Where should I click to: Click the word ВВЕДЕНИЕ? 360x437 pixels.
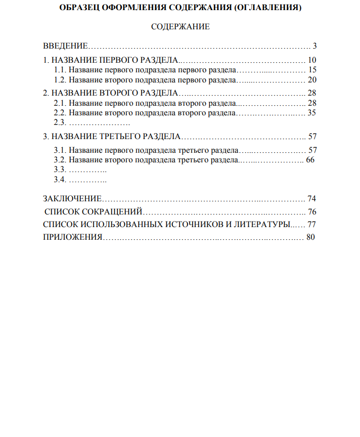click(x=66, y=46)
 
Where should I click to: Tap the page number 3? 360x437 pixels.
click(x=314, y=46)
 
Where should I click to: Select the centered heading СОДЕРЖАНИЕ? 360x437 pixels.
click(x=180, y=27)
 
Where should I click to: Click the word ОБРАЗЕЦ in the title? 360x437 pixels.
click(x=80, y=8)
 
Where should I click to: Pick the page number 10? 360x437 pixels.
click(x=312, y=60)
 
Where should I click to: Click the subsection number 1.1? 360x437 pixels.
click(x=60, y=70)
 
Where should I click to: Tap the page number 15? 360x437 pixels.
click(x=312, y=70)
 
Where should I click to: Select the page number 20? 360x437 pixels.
click(x=312, y=80)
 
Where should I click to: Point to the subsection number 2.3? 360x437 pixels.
click(x=60, y=122)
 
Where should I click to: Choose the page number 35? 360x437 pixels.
click(x=312, y=113)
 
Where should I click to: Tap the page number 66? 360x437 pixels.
click(x=310, y=160)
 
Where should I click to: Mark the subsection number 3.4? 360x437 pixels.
click(x=60, y=180)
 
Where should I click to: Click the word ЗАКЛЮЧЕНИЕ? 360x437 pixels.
click(x=73, y=198)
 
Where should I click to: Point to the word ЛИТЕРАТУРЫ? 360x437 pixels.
click(x=261, y=224)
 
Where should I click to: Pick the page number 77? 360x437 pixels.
click(x=311, y=224)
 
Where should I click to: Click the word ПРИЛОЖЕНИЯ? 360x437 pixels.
click(x=73, y=237)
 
